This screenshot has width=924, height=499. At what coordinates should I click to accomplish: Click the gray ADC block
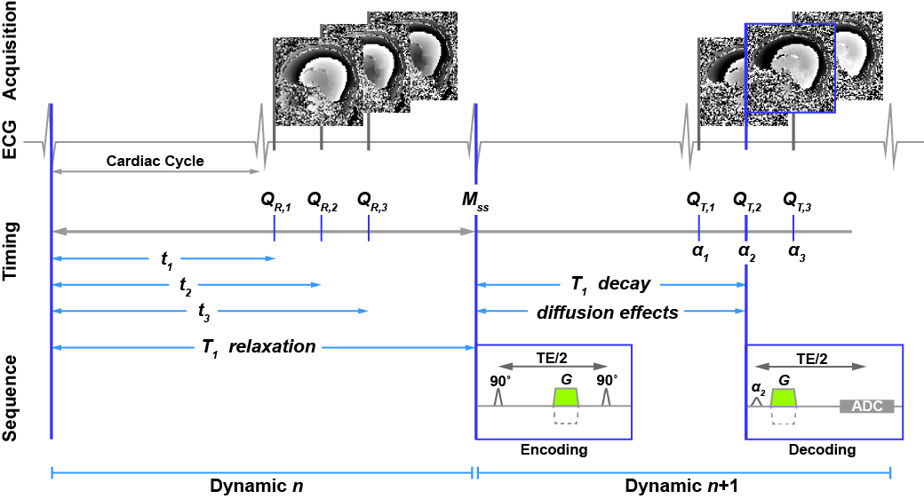point(865,407)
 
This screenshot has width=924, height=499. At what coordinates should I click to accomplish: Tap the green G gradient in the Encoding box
point(566,397)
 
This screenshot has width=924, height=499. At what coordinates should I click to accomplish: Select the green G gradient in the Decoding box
point(784,397)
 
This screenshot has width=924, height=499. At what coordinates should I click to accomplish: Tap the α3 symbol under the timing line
point(794,251)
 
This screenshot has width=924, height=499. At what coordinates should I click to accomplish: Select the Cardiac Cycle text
point(155,162)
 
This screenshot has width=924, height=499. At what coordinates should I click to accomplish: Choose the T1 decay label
point(610,285)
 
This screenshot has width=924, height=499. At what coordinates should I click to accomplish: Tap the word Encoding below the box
point(554,450)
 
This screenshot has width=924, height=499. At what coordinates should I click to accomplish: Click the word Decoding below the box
point(823,450)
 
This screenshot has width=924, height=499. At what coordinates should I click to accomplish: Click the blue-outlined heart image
point(789,67)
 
